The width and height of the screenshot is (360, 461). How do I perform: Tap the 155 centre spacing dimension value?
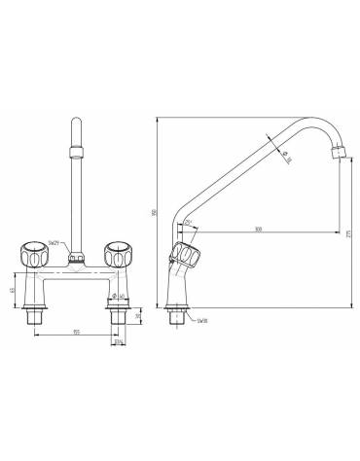click(x=77, y=333)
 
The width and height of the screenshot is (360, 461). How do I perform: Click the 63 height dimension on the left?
click(x=12, y=291)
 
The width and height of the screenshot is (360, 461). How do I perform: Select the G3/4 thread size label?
click(x=118, y=342)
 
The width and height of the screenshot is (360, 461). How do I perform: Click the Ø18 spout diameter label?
click(x=287, y=160)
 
